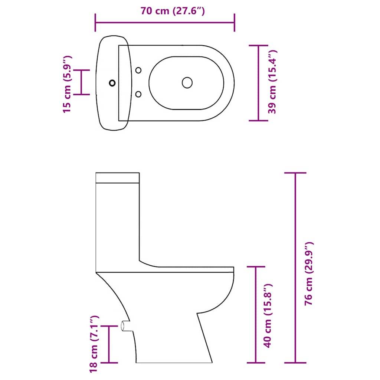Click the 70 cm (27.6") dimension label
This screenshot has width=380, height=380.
point(172,11)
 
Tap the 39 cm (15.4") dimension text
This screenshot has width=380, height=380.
point(273,82)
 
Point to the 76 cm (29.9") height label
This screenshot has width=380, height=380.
point(309,273)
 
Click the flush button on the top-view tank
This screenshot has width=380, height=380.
point(112,83)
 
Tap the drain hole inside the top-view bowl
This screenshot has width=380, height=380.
point(187,82)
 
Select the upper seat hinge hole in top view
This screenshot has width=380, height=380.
point(139,70)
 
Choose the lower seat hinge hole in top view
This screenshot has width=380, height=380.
point(139,94)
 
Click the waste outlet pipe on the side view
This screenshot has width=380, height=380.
point(125,325)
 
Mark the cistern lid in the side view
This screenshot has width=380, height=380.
point(118,178)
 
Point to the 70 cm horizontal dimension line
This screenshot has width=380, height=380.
point(165,23)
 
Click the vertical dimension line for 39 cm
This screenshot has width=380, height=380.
point(258,83)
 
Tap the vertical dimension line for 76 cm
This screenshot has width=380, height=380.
point(295,267)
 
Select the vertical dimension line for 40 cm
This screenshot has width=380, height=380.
point(256,315)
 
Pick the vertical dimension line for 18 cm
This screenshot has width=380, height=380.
point(109,344)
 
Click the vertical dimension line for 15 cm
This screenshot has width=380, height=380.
point(81,82)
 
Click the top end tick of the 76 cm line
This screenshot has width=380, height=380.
point(295,173)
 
